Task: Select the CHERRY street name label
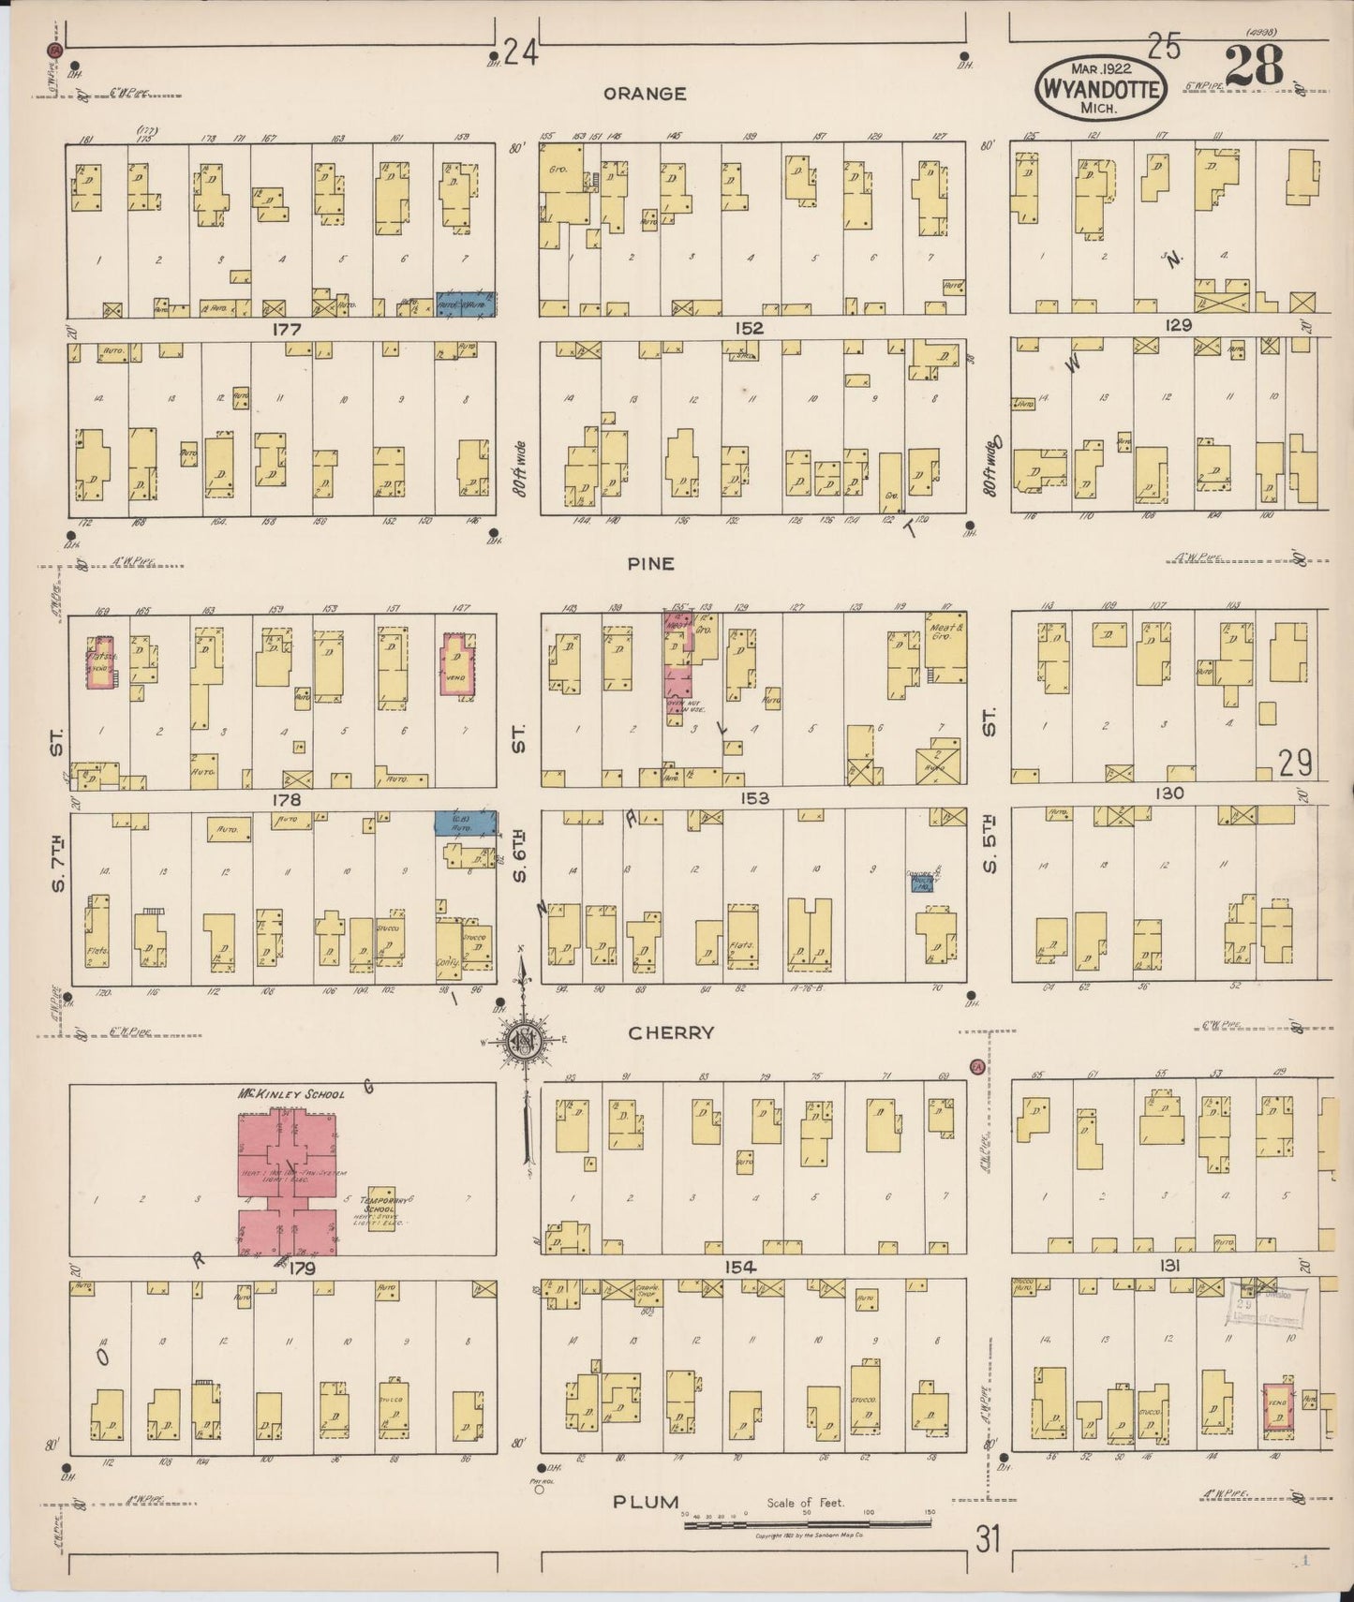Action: coord(671,1032)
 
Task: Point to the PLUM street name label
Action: coord(646,1502)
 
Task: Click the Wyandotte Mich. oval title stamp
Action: coord(1100,89)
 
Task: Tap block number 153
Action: coord(754,798)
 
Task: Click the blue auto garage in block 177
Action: coord(465,304)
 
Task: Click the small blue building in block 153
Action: coord(923,882)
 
